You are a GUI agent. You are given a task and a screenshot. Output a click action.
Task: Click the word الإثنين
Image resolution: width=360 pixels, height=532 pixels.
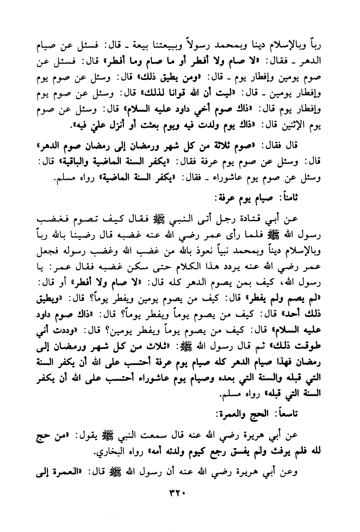click(295, 126)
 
